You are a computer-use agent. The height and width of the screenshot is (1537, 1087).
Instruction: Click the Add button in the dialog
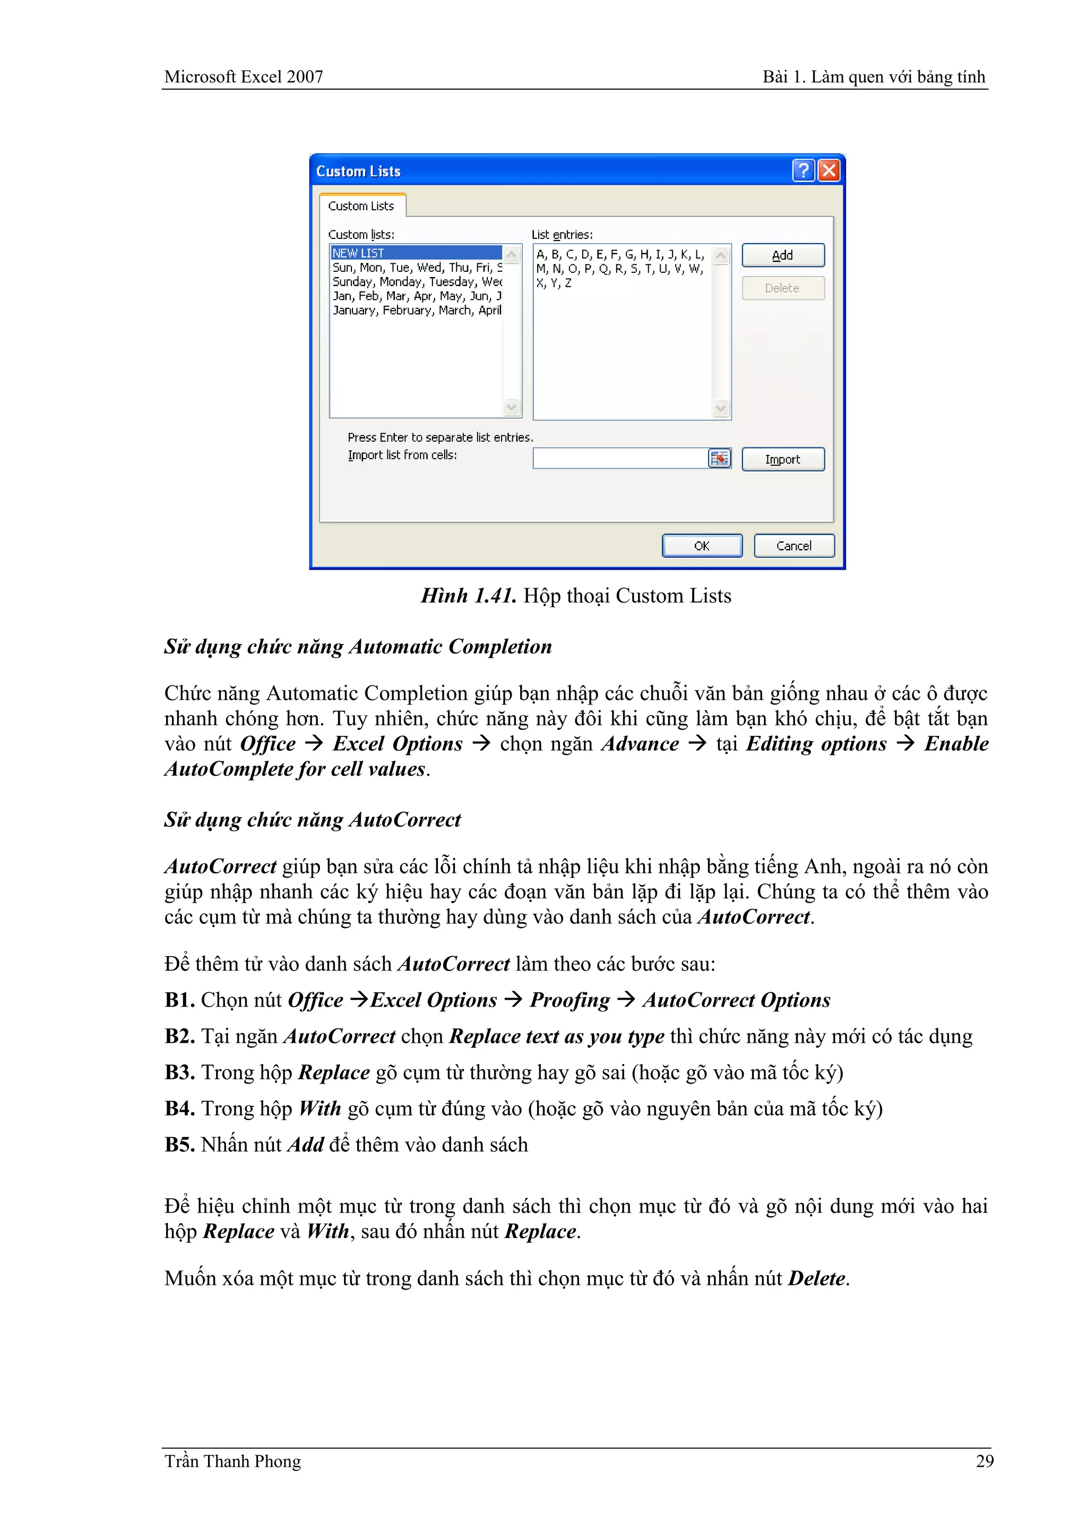pos(782,255)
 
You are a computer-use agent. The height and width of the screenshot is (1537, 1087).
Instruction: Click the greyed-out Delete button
pos(782,288)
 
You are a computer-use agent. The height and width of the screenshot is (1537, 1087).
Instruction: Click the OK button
pos(702,546)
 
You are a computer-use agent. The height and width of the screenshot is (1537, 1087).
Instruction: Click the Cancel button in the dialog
pos(794,546)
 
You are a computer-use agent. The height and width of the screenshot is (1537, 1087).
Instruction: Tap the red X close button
pos(829,171)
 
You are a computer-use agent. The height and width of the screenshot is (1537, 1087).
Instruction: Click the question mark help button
pos(803,171)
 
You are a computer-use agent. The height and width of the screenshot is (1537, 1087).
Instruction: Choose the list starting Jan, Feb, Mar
pos(416,296)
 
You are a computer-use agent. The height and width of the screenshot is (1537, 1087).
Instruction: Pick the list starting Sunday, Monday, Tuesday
pos(416,282)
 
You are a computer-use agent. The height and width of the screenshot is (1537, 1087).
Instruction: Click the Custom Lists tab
pos(361,206)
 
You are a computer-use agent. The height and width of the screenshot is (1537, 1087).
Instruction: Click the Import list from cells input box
pos(619,459)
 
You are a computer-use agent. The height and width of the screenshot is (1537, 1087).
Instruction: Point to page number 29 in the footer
pos(984,1461)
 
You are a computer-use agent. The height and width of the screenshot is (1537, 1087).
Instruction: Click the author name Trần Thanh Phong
pos(233,1461)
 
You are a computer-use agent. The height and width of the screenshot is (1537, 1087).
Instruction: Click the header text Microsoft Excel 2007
pos(244,77)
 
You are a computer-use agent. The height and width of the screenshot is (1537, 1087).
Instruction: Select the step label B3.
pos(179,1072)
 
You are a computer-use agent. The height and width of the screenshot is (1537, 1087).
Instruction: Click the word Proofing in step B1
pos(570,1000)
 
